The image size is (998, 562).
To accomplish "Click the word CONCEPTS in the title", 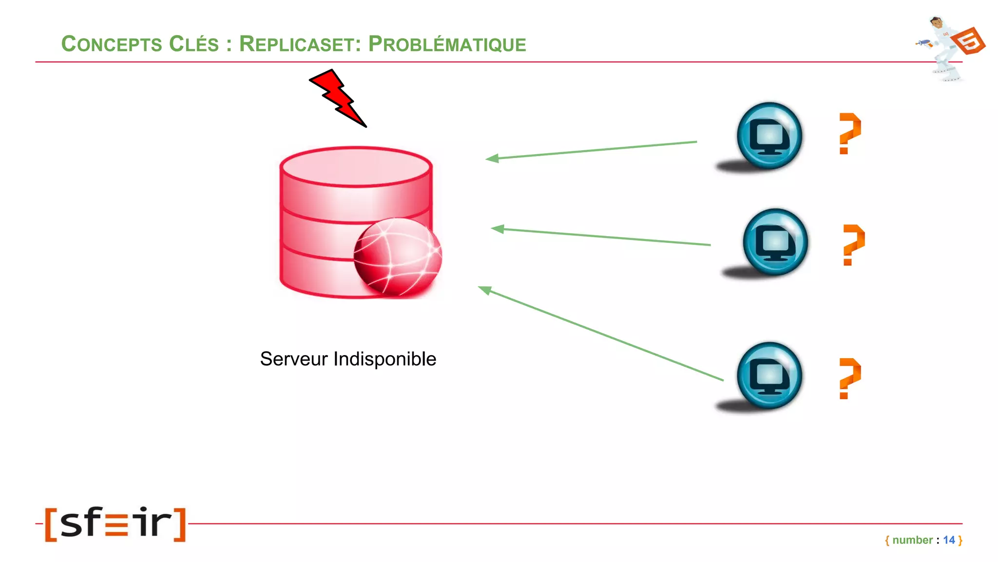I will coord(112,44).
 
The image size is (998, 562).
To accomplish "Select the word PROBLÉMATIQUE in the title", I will coord(447,44).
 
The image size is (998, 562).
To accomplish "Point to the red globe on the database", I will coord(397,257).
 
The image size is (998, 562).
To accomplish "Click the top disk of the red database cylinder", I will coord(356,167).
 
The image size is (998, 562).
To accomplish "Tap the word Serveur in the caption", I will coord(294,359).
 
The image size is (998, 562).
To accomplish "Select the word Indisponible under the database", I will coord(384,359).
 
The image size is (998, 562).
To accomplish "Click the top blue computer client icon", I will coord(769,136).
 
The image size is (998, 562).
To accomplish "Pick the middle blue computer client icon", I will coord(775,242).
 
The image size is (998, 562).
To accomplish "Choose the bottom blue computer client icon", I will coord(769,375).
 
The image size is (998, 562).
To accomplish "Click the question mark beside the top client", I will coord(849,133).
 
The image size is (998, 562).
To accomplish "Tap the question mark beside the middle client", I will coord(853,244).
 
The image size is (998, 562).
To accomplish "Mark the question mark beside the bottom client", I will coord(849,378).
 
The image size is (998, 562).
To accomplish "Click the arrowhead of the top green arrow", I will coord(492,158).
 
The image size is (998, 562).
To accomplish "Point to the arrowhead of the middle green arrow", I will coord(498,229).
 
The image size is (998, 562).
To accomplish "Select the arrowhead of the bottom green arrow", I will coord(485,290).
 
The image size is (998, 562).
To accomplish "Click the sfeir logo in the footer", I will coord(115,524).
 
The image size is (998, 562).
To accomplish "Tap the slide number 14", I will coord(948,540).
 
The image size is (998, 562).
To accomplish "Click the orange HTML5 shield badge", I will coord(968,41).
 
